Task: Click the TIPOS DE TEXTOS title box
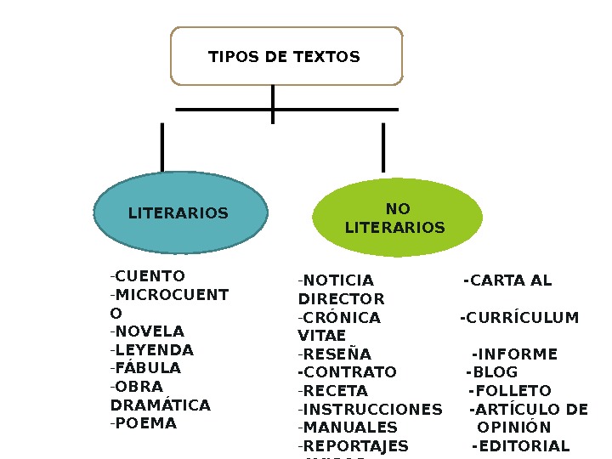(x=286, y=56)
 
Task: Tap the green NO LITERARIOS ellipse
(x=396, y=218)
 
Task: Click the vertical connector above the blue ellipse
(x=161, y=146)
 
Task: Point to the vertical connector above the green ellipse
(x=383, y=146)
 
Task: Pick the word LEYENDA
(x=154, y=350)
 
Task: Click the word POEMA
(x=146, y=423)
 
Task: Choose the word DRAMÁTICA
(x=161, y=405)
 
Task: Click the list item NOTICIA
(x=338, y=280)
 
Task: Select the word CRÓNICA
(x=342, y=318)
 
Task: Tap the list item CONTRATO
(x=349, y=372)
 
